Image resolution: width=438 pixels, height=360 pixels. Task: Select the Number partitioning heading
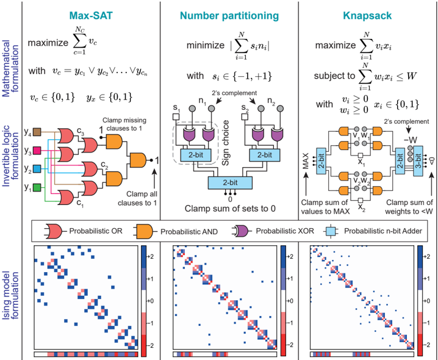click(228, 12)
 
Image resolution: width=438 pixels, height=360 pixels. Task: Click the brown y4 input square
click(37, 131)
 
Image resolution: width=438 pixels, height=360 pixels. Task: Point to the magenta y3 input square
click(37, 151)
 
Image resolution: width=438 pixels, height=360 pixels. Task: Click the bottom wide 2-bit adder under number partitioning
click(228, 182)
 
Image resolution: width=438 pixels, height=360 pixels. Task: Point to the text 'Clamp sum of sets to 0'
click(229, 207)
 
